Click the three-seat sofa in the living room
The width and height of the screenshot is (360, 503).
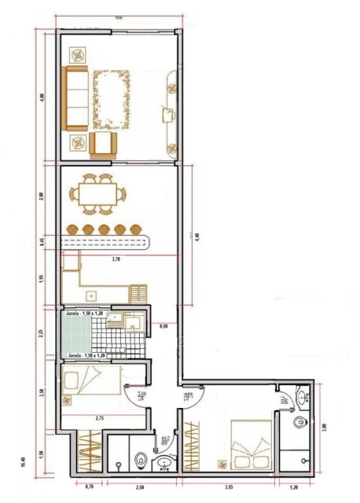[75, 98]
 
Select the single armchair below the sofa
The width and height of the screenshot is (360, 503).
[102, 145]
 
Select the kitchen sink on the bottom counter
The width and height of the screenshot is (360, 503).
[92, 296]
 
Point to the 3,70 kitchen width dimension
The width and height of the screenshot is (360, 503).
[116, 259]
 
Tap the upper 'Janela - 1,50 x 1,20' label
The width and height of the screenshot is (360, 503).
[86, 314]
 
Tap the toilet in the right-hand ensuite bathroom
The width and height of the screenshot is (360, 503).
[299, 424]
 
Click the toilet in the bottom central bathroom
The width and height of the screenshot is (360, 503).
[141, 458]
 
